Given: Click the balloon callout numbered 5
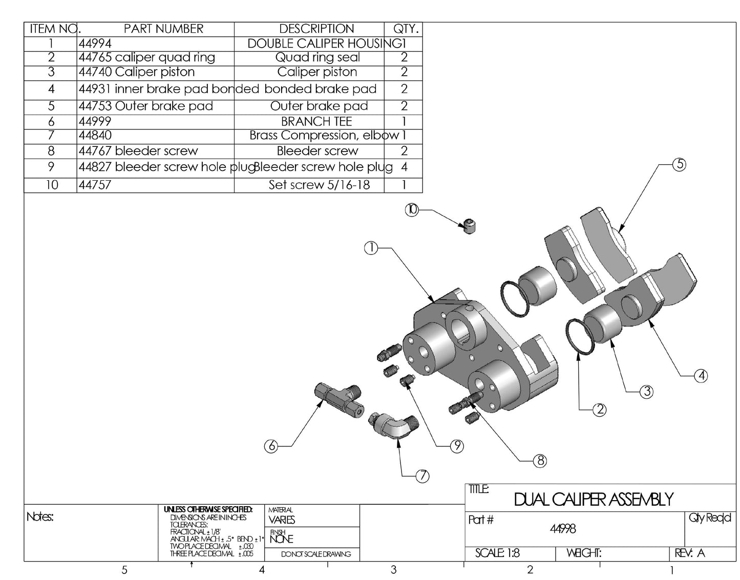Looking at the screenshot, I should pos(679,164).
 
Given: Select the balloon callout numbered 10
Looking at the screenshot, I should pos(412,209).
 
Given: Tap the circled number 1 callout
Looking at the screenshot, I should pos(371,248).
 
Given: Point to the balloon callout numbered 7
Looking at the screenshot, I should pos(422,476).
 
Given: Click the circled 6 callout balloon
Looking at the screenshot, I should pos(272,446).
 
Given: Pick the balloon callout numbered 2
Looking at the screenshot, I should pos(599,409).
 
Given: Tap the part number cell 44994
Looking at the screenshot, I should pos(95,44).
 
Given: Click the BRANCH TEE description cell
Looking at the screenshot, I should pos(316,122).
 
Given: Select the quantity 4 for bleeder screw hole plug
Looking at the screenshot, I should pos(404,167).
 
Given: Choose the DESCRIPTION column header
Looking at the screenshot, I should pos(316,29).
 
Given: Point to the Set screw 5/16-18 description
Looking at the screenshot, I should pos(319,185).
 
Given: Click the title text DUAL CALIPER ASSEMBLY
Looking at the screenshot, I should pos(593,499).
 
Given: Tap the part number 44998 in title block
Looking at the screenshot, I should pos(563,529).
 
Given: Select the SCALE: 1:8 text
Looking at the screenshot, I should pos(497,553).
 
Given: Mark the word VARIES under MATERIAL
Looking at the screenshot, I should pos(282,520).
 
